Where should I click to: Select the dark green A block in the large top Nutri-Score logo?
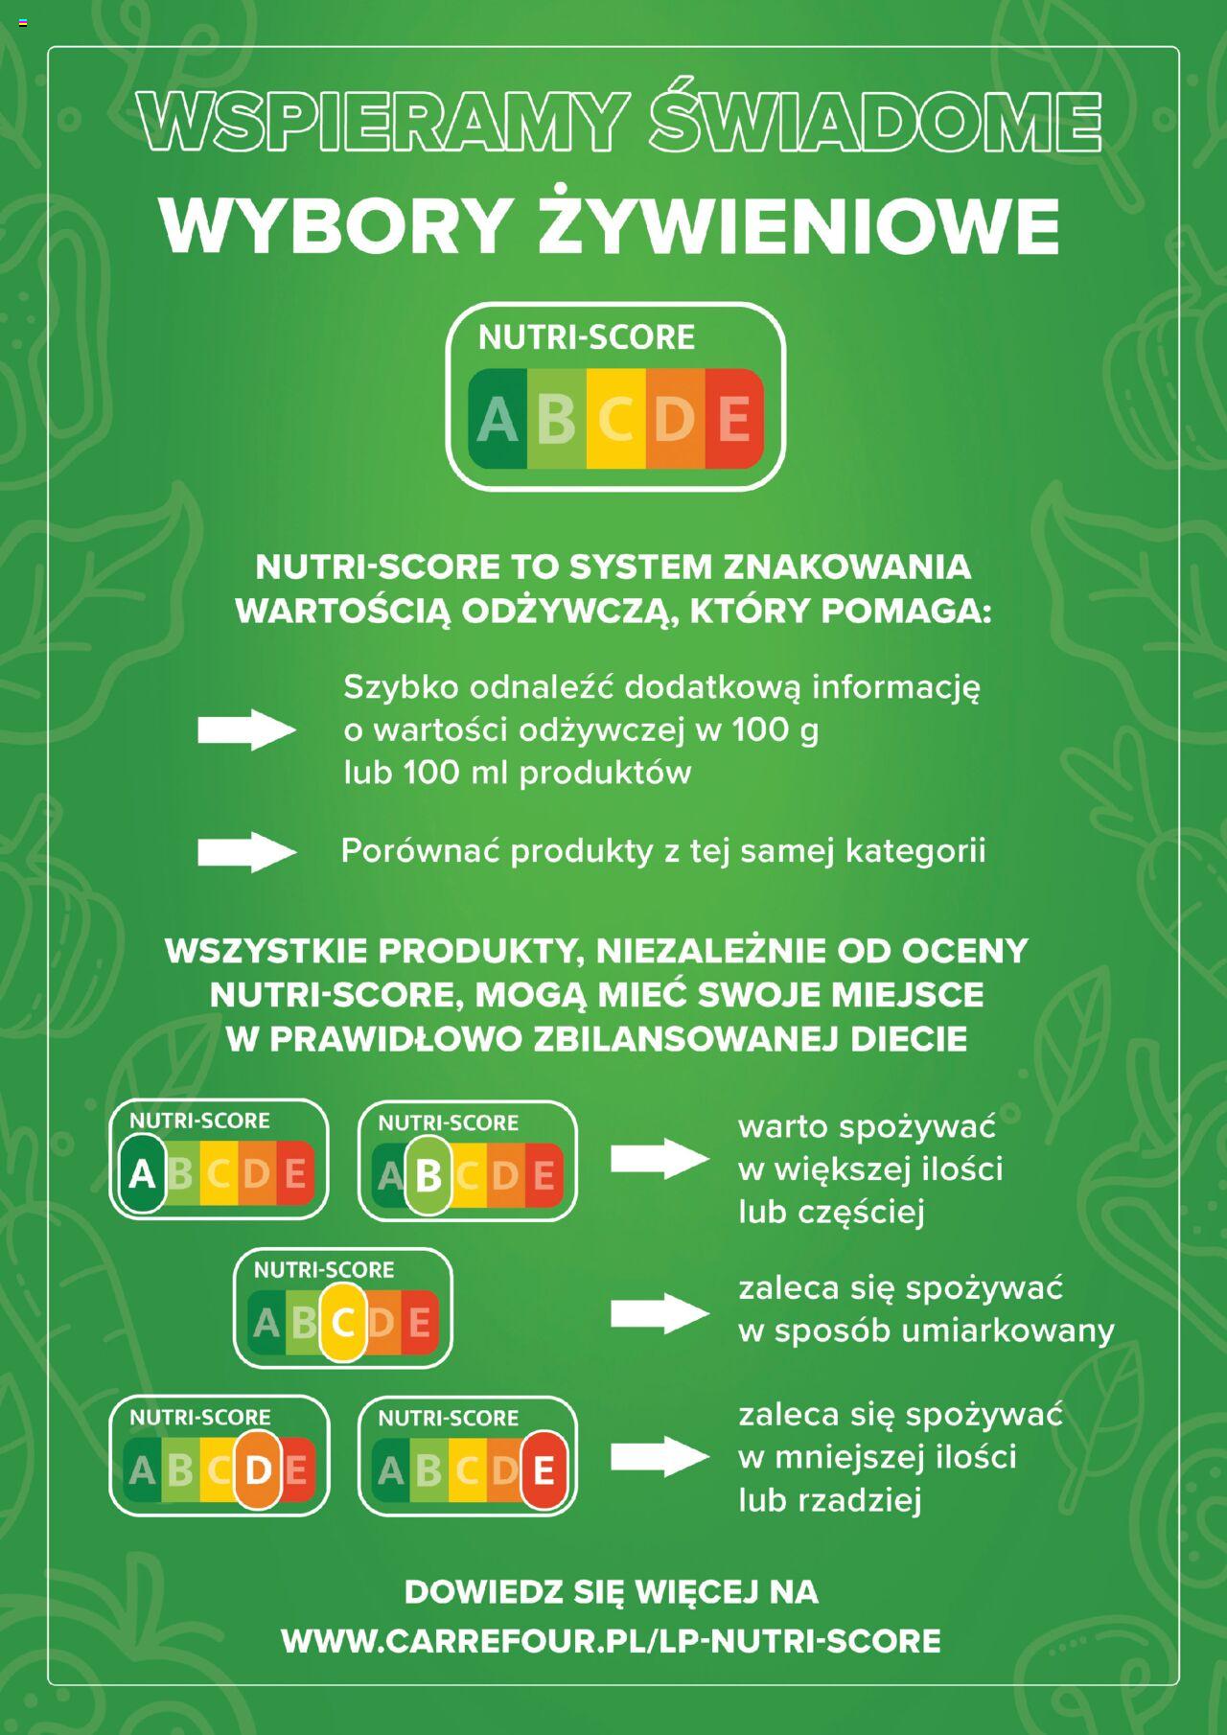click(498, 419)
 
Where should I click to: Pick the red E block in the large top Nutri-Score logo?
click(734, 419)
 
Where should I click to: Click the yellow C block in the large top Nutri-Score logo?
click(616, 419)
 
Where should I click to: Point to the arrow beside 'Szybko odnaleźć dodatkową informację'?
click(246, 730)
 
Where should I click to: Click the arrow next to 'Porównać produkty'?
click(246, 852)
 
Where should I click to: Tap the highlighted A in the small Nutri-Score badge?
click(142, 1173)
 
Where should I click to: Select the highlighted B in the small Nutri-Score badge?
click(428, 1174)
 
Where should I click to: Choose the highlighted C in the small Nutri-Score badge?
click(343, 1322)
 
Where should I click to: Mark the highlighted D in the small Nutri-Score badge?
click(258, 1469)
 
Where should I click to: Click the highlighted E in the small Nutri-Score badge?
click(544, 1470)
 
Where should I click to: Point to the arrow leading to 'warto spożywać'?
click(660, 1159)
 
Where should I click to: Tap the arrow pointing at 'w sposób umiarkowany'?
click(660, 1312)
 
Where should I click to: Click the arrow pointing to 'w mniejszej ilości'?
click(660, 1457)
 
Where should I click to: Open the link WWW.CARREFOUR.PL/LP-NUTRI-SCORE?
click(612, 1641)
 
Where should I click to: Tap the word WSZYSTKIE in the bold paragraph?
click(266, 951)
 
